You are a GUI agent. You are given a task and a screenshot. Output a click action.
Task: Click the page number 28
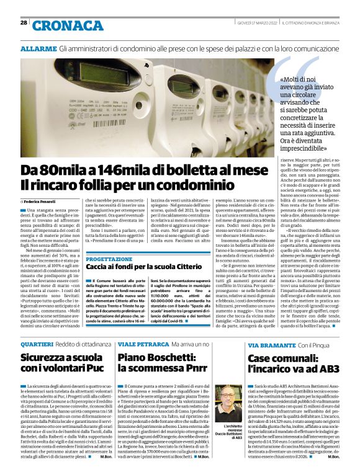[x=24, y=22]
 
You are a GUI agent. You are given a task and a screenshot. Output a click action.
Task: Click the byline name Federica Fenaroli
[x=42, y=202]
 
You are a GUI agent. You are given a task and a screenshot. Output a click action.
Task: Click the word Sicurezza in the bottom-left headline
[x=46, y=358]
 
